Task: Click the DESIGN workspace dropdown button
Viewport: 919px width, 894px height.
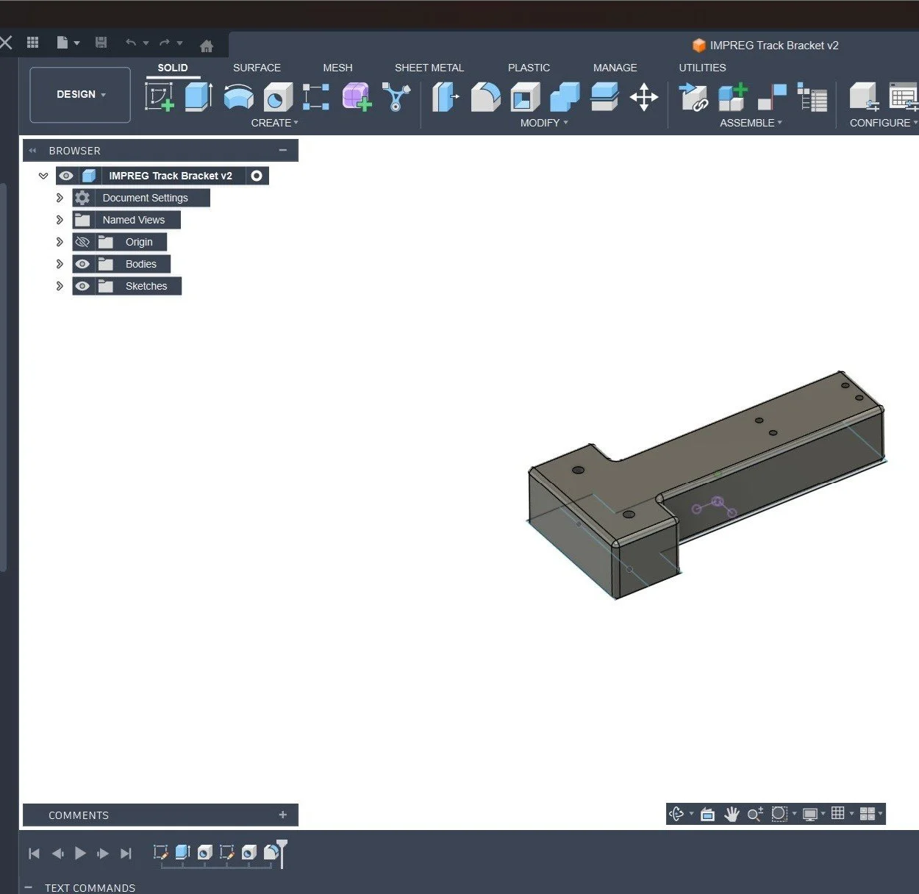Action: pos(80,95)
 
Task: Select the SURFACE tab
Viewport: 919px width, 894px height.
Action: pos(257,68)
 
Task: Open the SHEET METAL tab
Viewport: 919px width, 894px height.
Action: pos(429,68)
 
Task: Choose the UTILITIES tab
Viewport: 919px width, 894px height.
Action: pos(702,68)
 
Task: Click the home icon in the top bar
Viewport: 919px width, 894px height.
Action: pos(207,46)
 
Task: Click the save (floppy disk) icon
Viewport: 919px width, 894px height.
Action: pos(101,43)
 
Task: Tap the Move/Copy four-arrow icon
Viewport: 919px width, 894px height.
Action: pos(643,97)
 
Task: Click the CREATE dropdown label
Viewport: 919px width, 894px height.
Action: pos(273,123)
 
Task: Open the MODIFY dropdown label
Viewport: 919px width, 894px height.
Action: pos(543,123)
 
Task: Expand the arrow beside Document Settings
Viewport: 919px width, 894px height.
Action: pos(60,198)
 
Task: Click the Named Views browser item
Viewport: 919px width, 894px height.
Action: pos(133,220)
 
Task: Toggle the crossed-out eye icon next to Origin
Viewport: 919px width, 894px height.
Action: pos(82,242)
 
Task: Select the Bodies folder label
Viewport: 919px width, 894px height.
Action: pos(140,264)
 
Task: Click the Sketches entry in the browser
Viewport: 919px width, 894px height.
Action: pos(146,286)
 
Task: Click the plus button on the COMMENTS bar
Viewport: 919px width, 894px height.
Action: pos(283,815)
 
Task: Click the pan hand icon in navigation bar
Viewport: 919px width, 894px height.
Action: pos(731,814)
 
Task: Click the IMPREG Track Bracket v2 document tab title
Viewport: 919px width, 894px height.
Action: pos(773,46)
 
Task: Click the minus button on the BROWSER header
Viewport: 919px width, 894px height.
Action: pos(283,150)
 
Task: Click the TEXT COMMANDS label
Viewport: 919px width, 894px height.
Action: pos(90,888)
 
